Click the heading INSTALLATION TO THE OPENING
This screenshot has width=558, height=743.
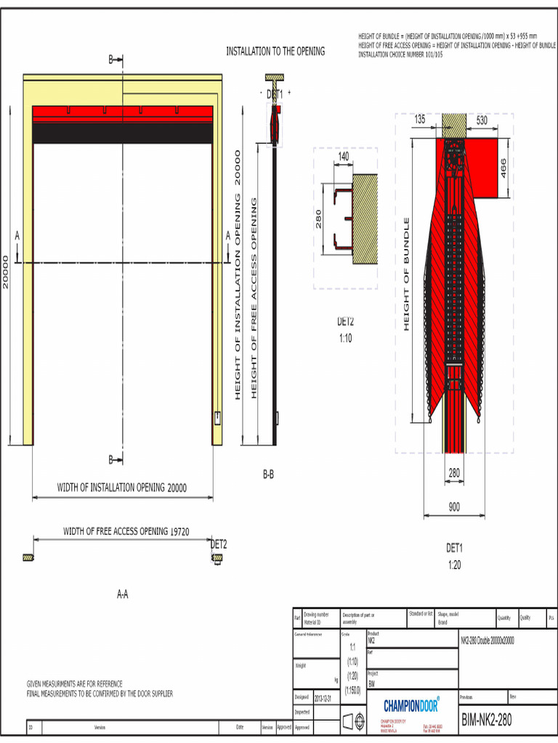[275, 52]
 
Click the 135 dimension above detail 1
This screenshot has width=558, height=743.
[420, 120]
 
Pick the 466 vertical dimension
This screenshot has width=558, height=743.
[503, 170]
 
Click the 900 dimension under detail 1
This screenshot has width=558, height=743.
[454, 507]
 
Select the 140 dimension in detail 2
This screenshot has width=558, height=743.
[343, 156]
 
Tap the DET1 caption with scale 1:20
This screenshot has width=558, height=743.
[454, 556]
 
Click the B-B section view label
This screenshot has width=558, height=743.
[268, 475]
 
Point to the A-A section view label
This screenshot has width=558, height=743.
[123, 594]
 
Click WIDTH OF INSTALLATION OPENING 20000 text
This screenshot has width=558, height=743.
[122, 488]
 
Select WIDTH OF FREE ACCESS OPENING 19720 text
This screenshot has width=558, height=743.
[126, 531]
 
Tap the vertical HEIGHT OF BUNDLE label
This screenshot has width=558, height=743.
[407, 274]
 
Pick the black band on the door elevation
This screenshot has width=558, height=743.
[123, 133]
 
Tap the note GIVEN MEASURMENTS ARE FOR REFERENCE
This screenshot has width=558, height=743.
[75, 684]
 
